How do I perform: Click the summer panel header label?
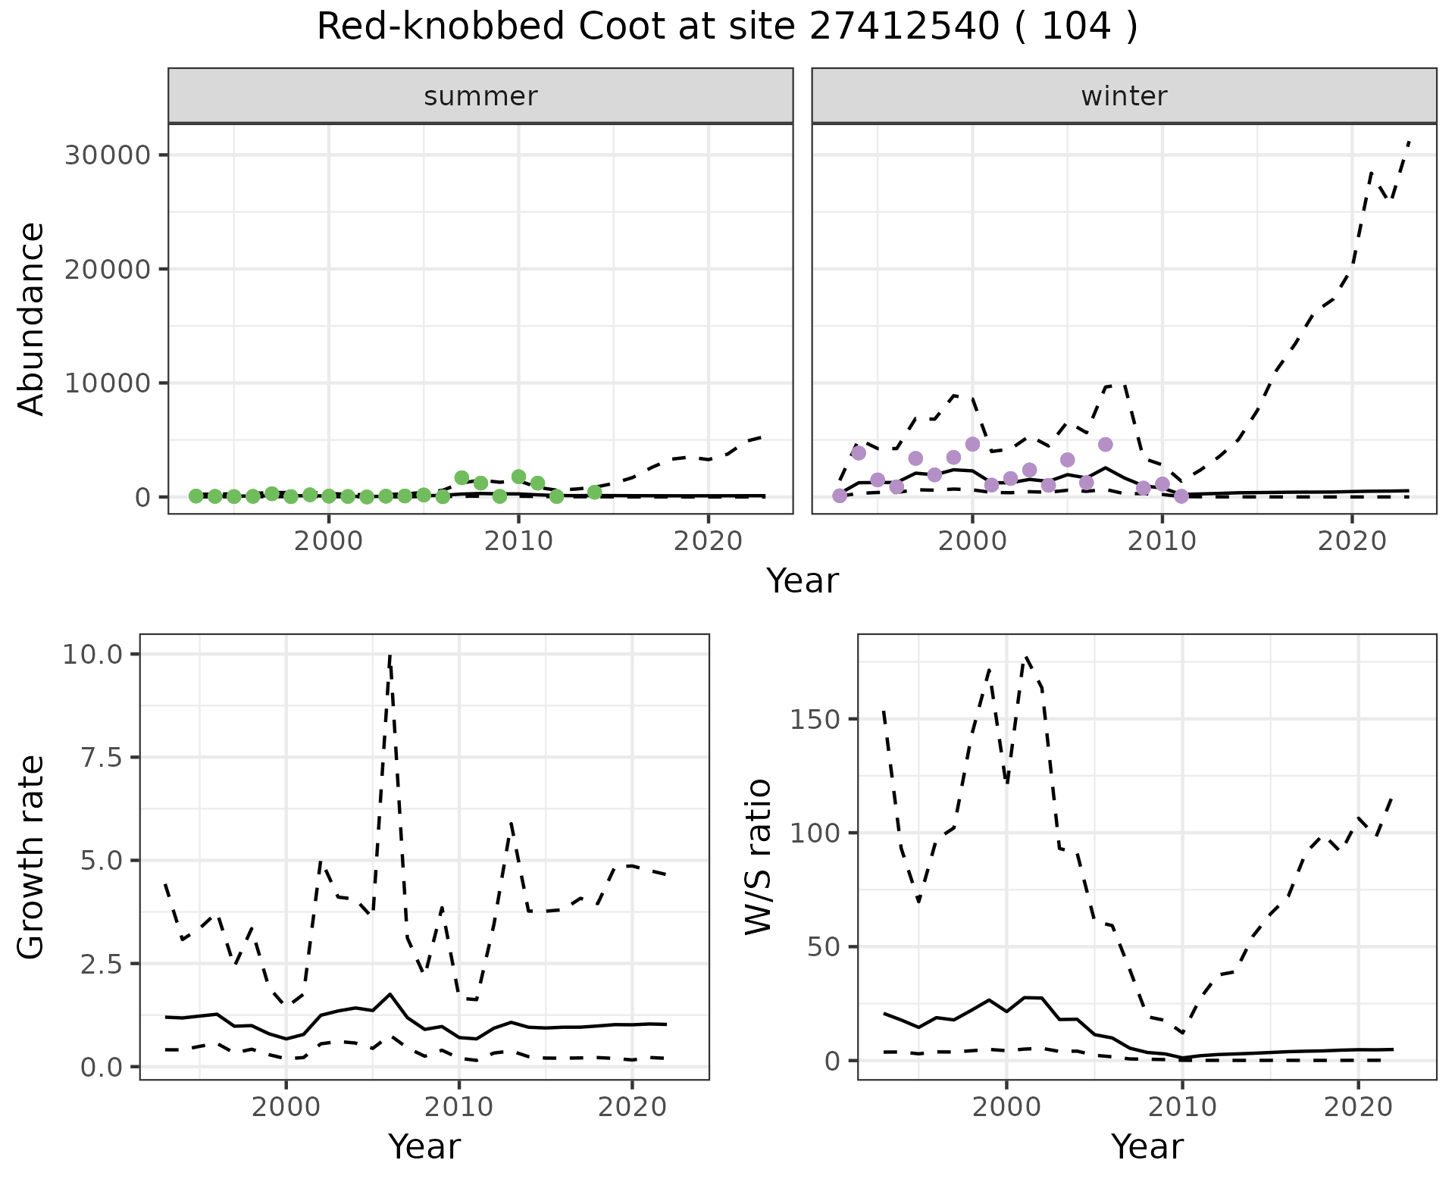tap(480, 96)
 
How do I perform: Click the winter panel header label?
tap(1124, 96)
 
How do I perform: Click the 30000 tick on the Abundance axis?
tap(108, 155)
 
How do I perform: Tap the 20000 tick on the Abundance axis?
tap(108, 269)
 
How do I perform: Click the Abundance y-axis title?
tap(32, 318)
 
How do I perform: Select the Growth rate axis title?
tap(32, 857)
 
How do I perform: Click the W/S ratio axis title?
tap(758, 857)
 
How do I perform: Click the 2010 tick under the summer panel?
tap(518, 541)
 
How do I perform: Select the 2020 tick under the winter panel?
tap(1351, 541)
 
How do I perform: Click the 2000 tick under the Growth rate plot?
tap(286, 1106)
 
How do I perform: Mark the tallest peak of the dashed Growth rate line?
tap(390, 655)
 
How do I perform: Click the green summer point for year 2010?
tap(518, 477)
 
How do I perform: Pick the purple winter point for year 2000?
tap(972, 444)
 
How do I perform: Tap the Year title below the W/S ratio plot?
tap(1147, 1146)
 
